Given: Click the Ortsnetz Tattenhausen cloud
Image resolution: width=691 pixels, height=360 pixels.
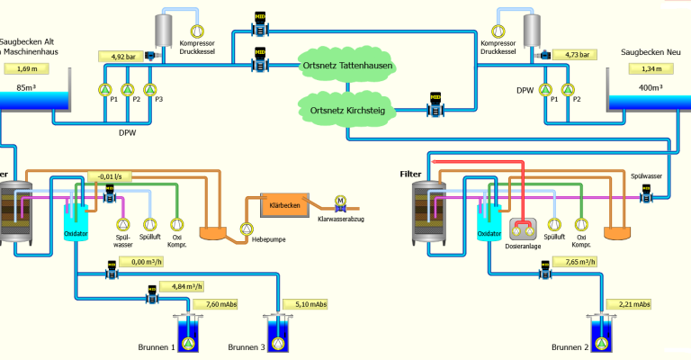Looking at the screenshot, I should (x=346, y=66).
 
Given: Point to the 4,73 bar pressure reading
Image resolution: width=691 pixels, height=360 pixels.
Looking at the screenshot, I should (x=570, y=54).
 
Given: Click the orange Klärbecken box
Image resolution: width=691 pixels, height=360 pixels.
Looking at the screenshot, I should (x=284, y=205).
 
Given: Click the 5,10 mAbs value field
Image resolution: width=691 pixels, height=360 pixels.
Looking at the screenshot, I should (x=306, y=304).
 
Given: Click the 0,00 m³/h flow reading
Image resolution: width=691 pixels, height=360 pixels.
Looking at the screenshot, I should (x=144, y=262).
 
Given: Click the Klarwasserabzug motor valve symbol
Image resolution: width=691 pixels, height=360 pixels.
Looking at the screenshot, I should (x=340, y=202).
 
